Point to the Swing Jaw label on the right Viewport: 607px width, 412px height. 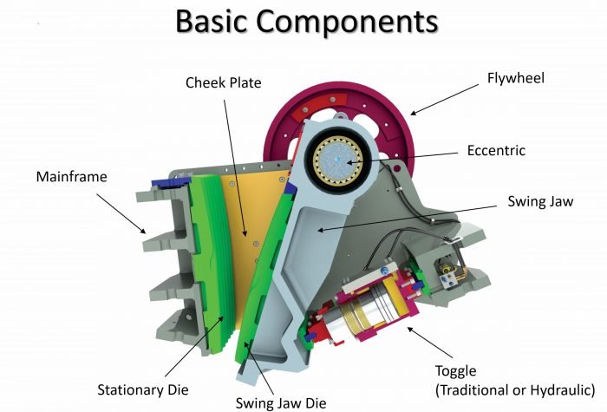pyautogui.click(x=539, y=201)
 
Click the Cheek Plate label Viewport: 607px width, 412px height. pyautogui.click(x=222, y=82)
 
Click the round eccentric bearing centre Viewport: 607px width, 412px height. pyautogui.click(x=342, y=163)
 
